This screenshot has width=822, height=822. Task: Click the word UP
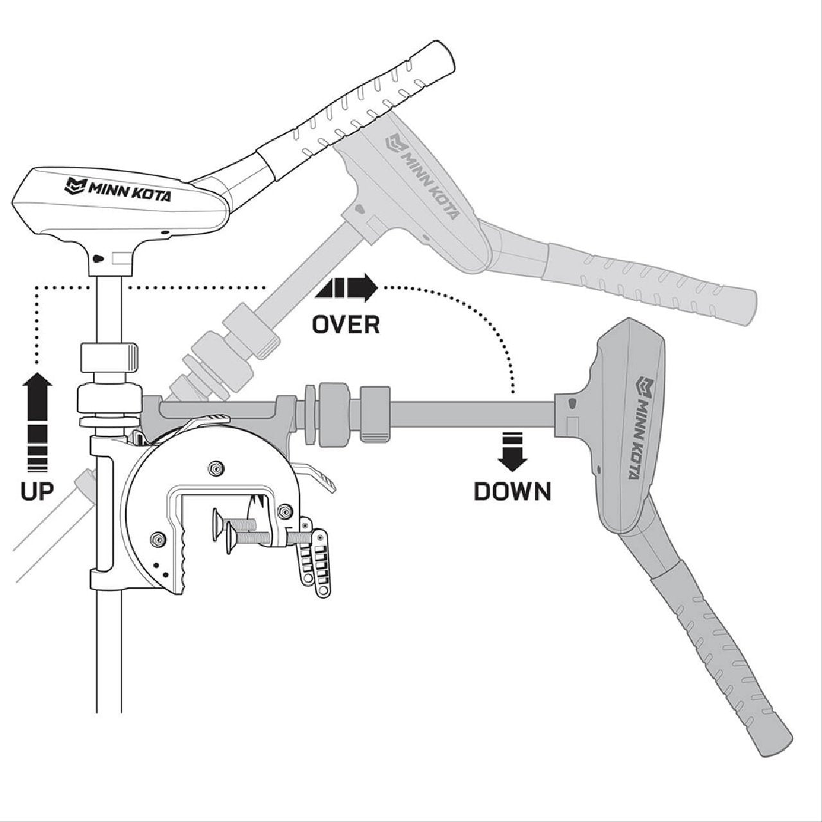tap(37, 491)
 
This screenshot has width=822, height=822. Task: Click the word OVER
tap(345, 324)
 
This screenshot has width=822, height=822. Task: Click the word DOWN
tap(512, 491)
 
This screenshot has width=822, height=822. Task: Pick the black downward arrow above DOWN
tap(512, 451)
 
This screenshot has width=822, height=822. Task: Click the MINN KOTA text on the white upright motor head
tap(119, 189)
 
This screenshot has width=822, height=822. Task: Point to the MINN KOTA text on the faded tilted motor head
tap(423, 177)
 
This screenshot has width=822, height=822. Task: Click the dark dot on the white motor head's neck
tap(96, 258)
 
